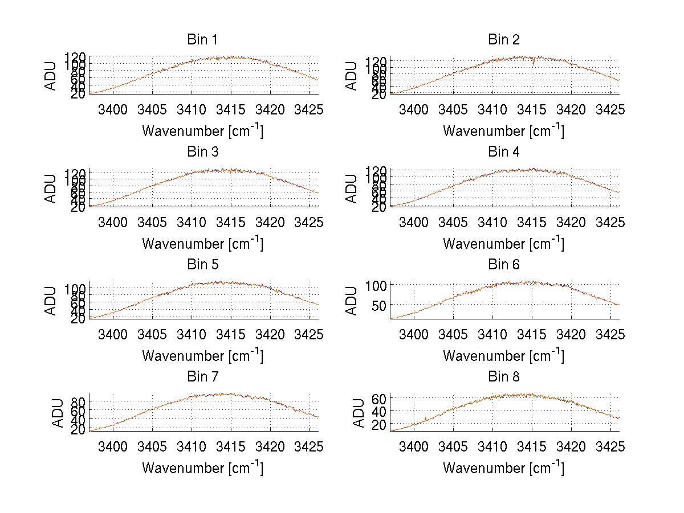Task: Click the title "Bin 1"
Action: pos(202,39)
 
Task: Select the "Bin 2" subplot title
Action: pos(503,39)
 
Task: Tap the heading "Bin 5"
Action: pos(202,264)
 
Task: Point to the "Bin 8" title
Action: pos(503,376)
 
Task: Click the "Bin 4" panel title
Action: pos(503,151)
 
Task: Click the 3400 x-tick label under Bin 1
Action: pos(113,110)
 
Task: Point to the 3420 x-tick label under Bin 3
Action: pos(270,222)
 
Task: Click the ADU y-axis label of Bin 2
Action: pos(352,76)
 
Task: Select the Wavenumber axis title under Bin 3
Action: pos(202,243)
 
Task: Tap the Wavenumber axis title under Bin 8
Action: pos(503,467)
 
